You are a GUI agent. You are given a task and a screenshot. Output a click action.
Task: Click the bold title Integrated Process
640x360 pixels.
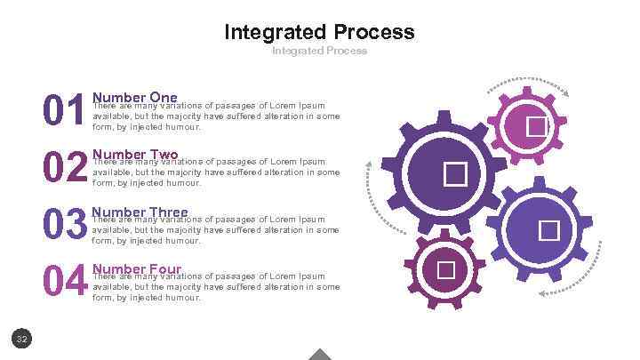pyautogui.click(x=319, y=33)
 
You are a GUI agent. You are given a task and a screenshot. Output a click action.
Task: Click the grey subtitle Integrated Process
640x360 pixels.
pyautogui.click(x=319, y=51)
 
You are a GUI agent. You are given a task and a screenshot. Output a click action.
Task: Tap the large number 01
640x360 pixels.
pyautogui.click(x=65, y=113)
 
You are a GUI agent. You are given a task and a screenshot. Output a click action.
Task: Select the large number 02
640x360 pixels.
pyautogui.click(x=66, y=169)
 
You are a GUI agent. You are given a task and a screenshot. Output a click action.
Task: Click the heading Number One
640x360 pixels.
pyautogui.click(x=135, y=97)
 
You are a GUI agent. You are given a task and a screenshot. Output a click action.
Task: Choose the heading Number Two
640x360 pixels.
pyautogui.click(x=135, y=155)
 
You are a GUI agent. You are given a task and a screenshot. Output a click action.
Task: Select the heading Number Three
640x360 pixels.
pyautogui.click(x=140, y=212)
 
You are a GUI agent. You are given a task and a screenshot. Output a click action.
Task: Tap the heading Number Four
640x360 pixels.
pyautogui.click(x=137, y=268)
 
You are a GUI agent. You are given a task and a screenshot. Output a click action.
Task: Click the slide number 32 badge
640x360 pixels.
pyautogui.click(x=22, y=338)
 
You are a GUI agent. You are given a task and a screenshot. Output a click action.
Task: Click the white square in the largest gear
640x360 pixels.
pyautogui.click(x=455, y=172)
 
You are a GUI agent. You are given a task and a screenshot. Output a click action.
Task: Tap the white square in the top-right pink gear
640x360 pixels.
pyautogui.click(x=536, y=127)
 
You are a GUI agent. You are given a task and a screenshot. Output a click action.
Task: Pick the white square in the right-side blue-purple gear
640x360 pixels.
pyautogui.click(x=548, y=230)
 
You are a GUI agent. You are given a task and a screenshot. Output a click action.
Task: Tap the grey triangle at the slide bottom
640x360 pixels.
pyautogui.click(x=319, y=354)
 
